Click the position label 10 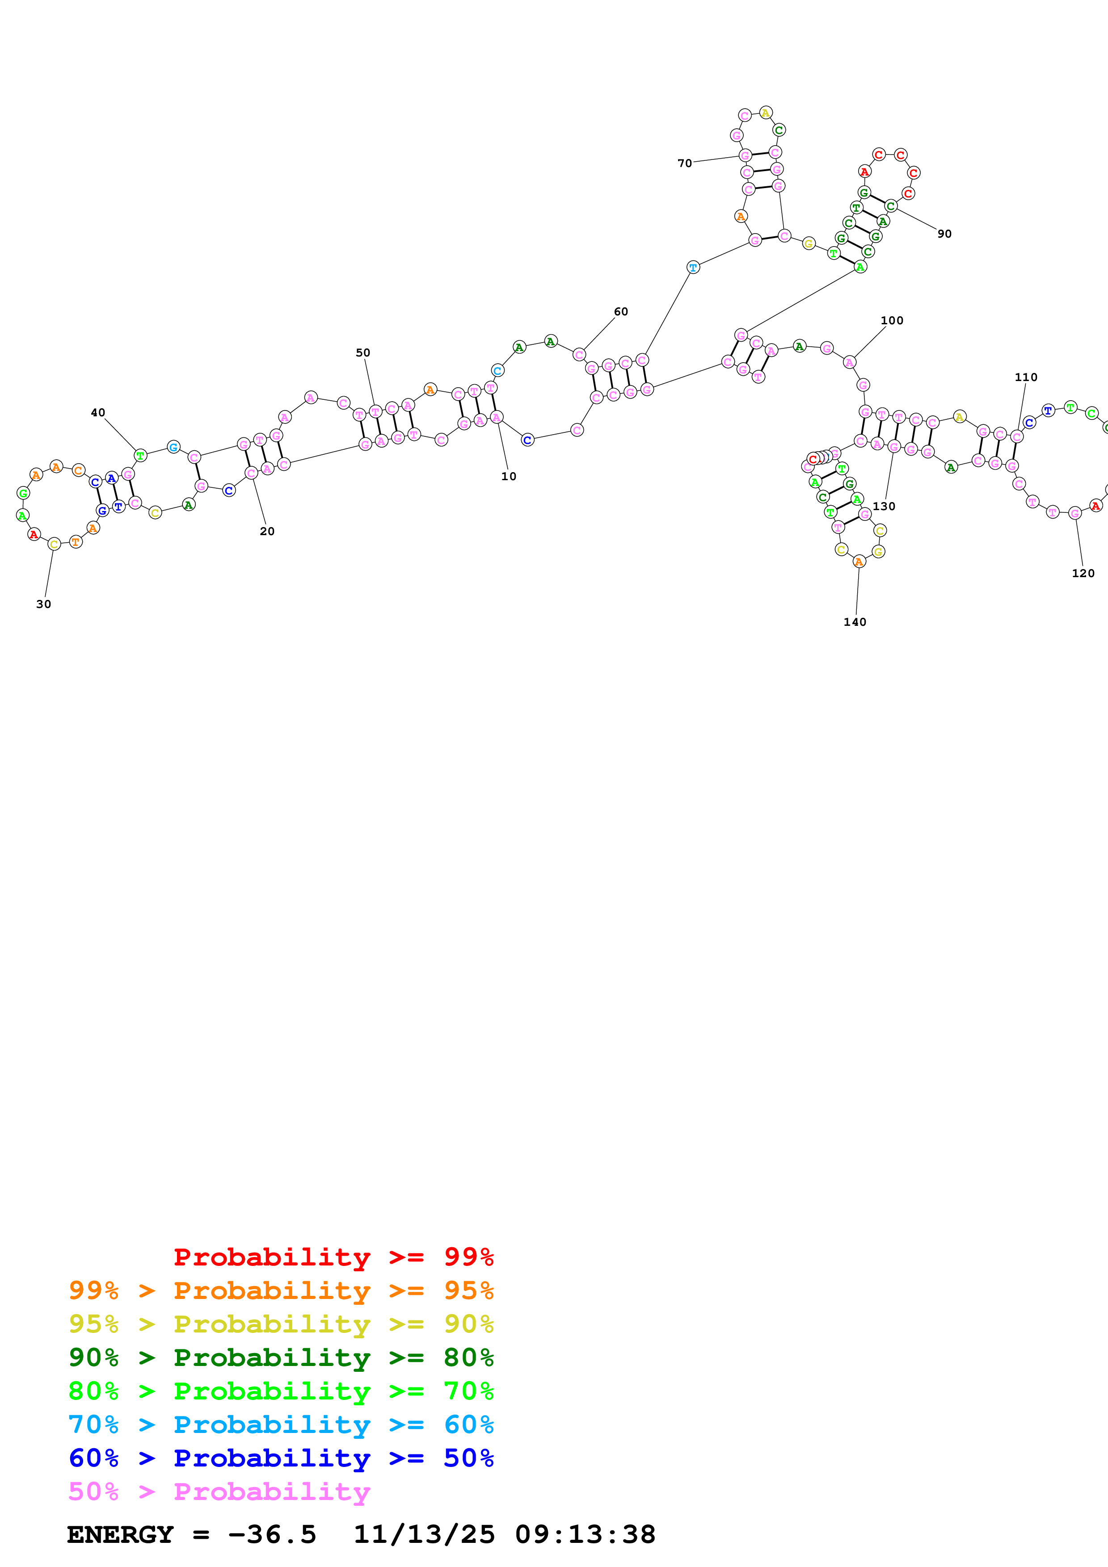pyautogui.click(x=509, y=476)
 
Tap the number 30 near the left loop pyautogui.click(x=44, y=604)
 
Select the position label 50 pyautogui.click(x=362, y=353)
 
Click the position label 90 pyautogui.click(x=944, y=234)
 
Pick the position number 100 pyautogui.click(x=892, y=321)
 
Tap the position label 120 pyautogui.click(x=1083, y=573)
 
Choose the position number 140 pyautogui.click(x=855, y=622)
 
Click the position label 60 pyautogui.click(x=620, y=312)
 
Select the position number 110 pyautogui.click(x=1025, y=377)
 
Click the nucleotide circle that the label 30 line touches pyautogui.click(x=54, y=544)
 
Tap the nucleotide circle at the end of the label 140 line pyautogui.click(x=859, y=561)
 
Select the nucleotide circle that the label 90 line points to pyautogui.click(x=890, y=205)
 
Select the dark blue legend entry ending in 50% pyautogui.click(x=281, y=1458)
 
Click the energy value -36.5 pyautogui.click(x=272, y=1535)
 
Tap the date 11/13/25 pyautogui.click(x=423, y=1535)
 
